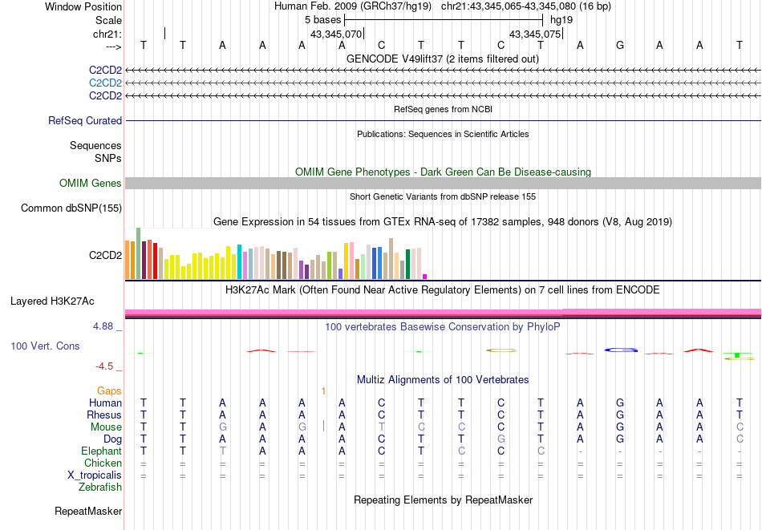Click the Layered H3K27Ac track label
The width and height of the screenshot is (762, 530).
click(52, 301)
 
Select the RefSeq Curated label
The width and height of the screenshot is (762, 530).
click(85, 121)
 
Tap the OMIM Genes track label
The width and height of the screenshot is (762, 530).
click(91, 184)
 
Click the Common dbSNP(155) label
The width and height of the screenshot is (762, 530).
click(71, 208)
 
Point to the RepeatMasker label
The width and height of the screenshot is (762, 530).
click(88, 511)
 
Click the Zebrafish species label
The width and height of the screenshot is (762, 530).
click(100, 487)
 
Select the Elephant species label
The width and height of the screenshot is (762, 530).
click(101, 451)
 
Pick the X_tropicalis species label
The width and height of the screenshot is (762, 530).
click(95, 475)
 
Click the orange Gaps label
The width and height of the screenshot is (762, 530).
click(109, 390)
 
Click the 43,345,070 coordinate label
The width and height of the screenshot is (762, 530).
click(336, 34)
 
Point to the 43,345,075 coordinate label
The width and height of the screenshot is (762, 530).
click(535, 34)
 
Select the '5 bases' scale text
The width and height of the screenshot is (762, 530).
click(323, 19)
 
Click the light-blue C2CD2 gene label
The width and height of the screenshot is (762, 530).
click(105, 83)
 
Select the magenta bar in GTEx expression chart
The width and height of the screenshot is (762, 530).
click(425, 277)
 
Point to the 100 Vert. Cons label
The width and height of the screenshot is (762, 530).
click(45, 346)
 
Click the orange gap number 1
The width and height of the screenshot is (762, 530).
click(323, 390)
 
